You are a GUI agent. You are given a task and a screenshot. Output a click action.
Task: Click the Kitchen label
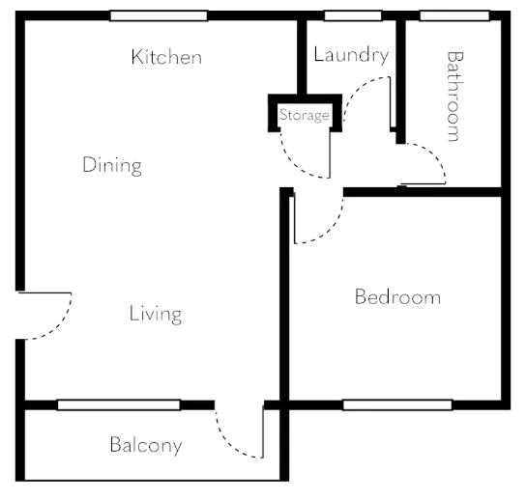(x=166, y=57)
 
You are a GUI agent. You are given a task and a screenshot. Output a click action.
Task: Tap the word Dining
(x=112, y=165)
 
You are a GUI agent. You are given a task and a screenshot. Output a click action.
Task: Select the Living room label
(x=156, y=315)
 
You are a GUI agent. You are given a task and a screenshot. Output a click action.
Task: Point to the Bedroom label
(x=397, y=296)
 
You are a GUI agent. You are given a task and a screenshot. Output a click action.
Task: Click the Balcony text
(x=146, y=445)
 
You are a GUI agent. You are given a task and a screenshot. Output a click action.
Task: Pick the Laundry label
(x=351, y=55)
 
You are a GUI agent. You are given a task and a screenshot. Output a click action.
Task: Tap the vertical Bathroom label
(x=454, y=97)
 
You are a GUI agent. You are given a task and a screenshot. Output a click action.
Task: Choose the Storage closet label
(x=305, y=115)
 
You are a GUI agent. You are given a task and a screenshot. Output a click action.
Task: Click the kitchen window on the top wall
(x=159, y=15)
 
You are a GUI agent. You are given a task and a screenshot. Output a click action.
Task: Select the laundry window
(x=353, y=15)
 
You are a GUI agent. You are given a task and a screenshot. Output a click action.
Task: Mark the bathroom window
(x=454, y=15)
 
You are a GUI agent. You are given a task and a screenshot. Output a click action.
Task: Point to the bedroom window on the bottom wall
(x=397, y=404)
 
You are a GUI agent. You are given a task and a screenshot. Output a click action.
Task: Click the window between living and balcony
(x=119, y=404)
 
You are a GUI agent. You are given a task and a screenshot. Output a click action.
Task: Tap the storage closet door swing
(x=295, y=166)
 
